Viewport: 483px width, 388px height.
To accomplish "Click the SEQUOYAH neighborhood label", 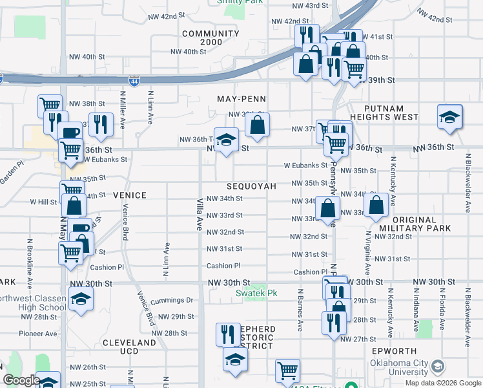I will pyautogui.click(x=251, y=186).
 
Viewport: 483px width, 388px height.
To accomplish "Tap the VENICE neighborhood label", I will pyautogui.click(x=130, y=195).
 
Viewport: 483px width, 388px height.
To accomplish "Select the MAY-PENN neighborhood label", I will pyautogui.click(x=242, y=99).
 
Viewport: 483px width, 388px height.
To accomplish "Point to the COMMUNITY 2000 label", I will pyautogui.click(x=211, y=38).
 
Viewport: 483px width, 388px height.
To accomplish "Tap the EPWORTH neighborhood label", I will pyautogui.click(x=399, y=351).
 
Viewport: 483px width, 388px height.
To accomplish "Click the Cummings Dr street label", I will pyautogui.click(x=172, y=300).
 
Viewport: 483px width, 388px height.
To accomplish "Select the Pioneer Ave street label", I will pyautogui.click(x=39, y=334).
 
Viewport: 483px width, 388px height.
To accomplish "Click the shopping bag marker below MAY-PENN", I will pyautogui.click(x=257, y=126).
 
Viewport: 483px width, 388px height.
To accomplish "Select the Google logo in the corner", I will pyautogui.click(x=21, y=380).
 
